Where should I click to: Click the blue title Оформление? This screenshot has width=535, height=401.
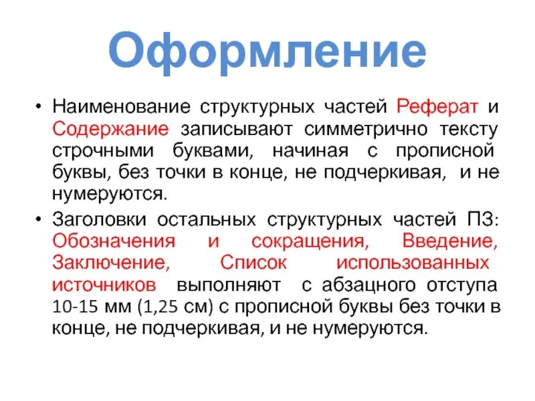(267, 52)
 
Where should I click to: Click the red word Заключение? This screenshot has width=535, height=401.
(106, 263)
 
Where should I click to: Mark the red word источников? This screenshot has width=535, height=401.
(104, 285)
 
